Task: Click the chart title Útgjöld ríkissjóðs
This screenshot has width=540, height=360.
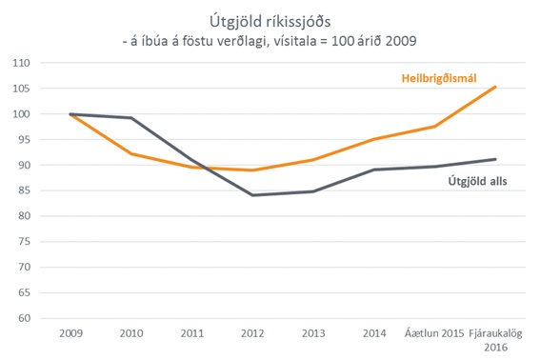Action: point(270,19)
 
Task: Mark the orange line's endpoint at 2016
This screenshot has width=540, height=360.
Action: point(495,87)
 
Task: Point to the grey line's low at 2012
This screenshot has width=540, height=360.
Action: point(252,195)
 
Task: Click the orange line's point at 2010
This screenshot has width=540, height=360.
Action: point(131,154)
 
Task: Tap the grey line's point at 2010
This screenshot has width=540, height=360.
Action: point(131,118)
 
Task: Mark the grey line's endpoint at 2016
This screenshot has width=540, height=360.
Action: point(495,159)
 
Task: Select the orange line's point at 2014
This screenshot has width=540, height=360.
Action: point(374,139)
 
